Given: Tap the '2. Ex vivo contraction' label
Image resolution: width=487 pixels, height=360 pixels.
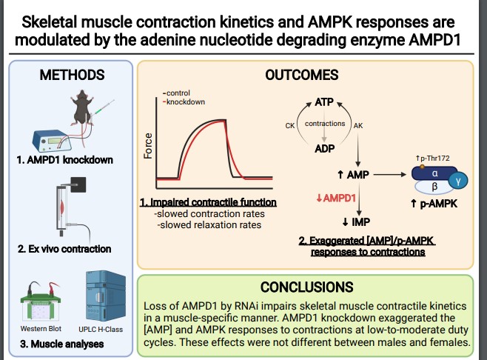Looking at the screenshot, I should coord(65,248).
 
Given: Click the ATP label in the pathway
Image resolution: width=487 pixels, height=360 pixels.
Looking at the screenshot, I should coord(324,101).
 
